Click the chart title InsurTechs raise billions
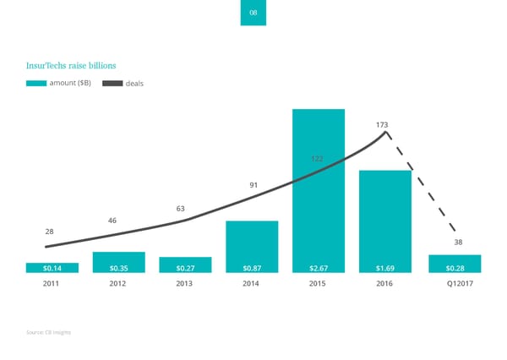click(71, 64)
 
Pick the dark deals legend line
click(112, 83)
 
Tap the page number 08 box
click(253, 14)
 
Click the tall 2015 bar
click(318, 186)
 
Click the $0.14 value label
click(52, 268)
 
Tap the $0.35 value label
click(118, 268)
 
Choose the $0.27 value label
click(185, 268)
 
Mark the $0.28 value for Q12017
click(454, 268)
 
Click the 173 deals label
click(383, 125)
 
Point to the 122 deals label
click(318, 159)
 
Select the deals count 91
click(253, 185)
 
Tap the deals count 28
click(50, 231)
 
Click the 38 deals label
click(458, 243)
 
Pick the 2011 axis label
click(52, 284)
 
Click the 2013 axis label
click(184, 284)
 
